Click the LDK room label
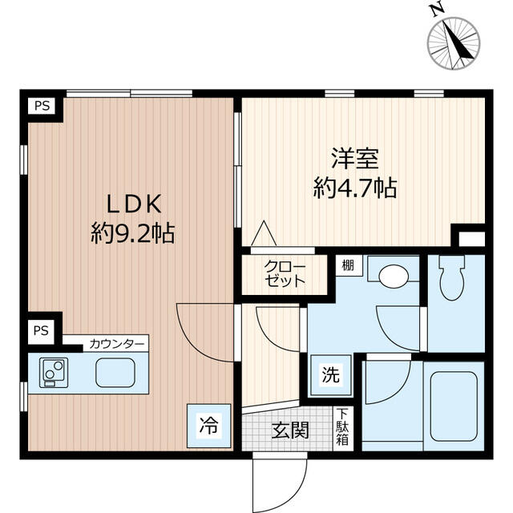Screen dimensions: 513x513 (135, 204)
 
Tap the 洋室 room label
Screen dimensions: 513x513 (355, 159)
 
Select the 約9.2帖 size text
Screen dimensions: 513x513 (132, 233)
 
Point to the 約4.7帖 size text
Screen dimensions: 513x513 (355, 188)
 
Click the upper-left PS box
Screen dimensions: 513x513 (42, 106)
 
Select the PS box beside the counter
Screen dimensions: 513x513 (41, 331)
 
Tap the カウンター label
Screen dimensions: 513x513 (116, 344)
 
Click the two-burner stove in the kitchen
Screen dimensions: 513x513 (54, 373)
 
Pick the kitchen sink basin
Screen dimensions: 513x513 (115, 373)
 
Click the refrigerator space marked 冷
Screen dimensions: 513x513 (208, 426)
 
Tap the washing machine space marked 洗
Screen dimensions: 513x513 (331, 375)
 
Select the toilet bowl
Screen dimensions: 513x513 (452, 277)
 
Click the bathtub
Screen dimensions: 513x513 (454, 406)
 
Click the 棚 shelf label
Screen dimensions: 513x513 (348, 265)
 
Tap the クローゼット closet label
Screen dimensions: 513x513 (285, 273)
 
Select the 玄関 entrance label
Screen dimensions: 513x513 (290, 430)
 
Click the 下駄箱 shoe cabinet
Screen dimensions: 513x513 (342, 429)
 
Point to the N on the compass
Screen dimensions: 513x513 (438, 10)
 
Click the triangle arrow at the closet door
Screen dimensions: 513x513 (264, 233)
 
